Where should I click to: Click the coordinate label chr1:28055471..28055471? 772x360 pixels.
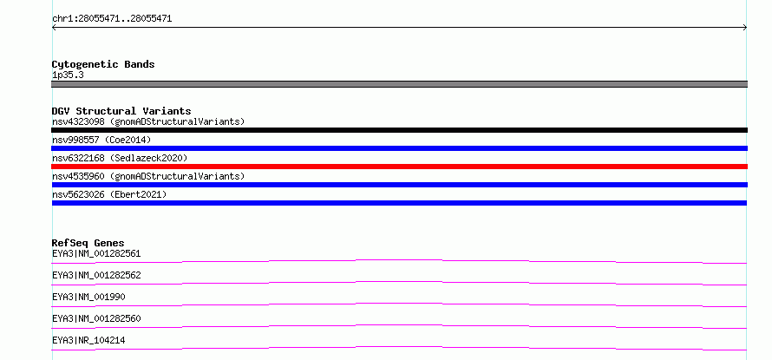pos(112,19)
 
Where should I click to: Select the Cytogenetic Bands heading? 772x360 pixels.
pos(103,64)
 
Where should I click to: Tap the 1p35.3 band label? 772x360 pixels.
pos(68,75)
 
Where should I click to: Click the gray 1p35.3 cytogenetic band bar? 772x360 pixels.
pos(399,84)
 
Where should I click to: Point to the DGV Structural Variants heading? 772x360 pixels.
pos(121,111)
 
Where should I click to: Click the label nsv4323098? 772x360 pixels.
pos(78,121)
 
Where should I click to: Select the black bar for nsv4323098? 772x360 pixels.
pos(399,130)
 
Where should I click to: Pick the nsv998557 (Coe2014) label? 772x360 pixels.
pos(101,140)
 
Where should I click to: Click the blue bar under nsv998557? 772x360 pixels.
pos(399,148)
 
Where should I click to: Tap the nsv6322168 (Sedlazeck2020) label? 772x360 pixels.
pos(120,158)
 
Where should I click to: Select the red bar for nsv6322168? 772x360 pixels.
pos(399,167)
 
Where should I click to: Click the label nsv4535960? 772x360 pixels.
pos(78,176)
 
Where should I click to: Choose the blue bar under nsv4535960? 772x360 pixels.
pos(399,185)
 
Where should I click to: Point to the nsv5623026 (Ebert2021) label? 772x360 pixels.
pos(109,194)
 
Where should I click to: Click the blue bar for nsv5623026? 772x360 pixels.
pos(399,203)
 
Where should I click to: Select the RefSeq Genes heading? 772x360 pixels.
pos(88,243)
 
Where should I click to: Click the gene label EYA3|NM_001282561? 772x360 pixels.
pos(96,254)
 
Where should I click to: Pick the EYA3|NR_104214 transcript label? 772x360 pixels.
pos(88,340)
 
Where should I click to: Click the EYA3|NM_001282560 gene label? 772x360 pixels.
pos(96,318)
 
